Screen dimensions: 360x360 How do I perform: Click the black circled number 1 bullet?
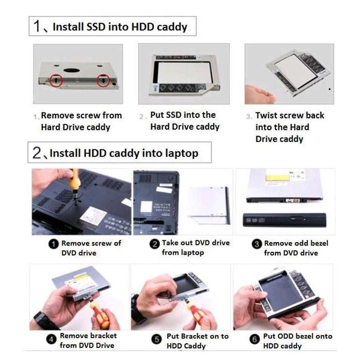pos(54,244)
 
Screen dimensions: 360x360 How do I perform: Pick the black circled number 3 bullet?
pos(256,244)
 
